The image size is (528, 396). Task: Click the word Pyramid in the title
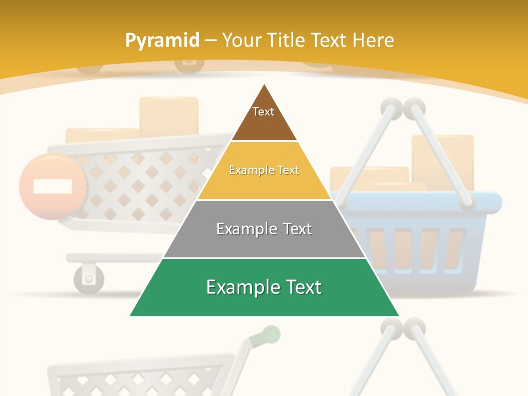click(162, 41)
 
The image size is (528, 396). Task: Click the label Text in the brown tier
click(263, 112)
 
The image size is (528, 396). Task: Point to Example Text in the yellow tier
click(264, 170)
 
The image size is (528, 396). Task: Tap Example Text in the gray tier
click(264, 229)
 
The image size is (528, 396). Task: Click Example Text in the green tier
click(264, 287)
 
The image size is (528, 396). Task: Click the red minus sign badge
click(52, 186)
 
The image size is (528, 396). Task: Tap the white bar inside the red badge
click(52, 186)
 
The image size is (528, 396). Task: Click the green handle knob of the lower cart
click(271, 334)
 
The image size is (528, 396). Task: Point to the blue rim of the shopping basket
click(484, 202)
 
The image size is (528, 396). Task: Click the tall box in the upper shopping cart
click(169, 116)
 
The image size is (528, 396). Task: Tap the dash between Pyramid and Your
click(211, 41)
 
